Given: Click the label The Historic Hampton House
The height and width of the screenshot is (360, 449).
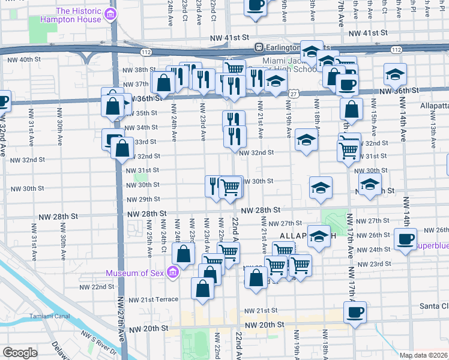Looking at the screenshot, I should (79, 15).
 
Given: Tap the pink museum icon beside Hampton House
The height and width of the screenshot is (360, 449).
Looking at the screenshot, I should (110, 14).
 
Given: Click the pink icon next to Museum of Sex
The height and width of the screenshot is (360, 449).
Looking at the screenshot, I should (173, 273).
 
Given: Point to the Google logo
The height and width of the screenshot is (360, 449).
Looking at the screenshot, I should (20, 353).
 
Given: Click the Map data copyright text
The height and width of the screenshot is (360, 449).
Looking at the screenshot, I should (424, 355).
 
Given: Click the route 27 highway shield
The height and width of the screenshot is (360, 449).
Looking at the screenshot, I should (293, 94).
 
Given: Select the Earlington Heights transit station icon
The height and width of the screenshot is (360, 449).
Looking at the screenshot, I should (259, 47).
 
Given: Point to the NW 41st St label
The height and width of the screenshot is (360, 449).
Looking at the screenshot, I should (228, 38).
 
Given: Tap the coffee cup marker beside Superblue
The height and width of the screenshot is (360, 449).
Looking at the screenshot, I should (405, 239).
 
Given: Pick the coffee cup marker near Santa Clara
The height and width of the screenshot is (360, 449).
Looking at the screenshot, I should (355, 313).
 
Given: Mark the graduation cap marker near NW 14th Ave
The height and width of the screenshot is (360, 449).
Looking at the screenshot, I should (395, 74).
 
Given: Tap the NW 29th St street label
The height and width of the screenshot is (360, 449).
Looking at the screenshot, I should (142, 199).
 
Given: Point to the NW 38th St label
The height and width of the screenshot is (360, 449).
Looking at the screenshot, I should (140, 70).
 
